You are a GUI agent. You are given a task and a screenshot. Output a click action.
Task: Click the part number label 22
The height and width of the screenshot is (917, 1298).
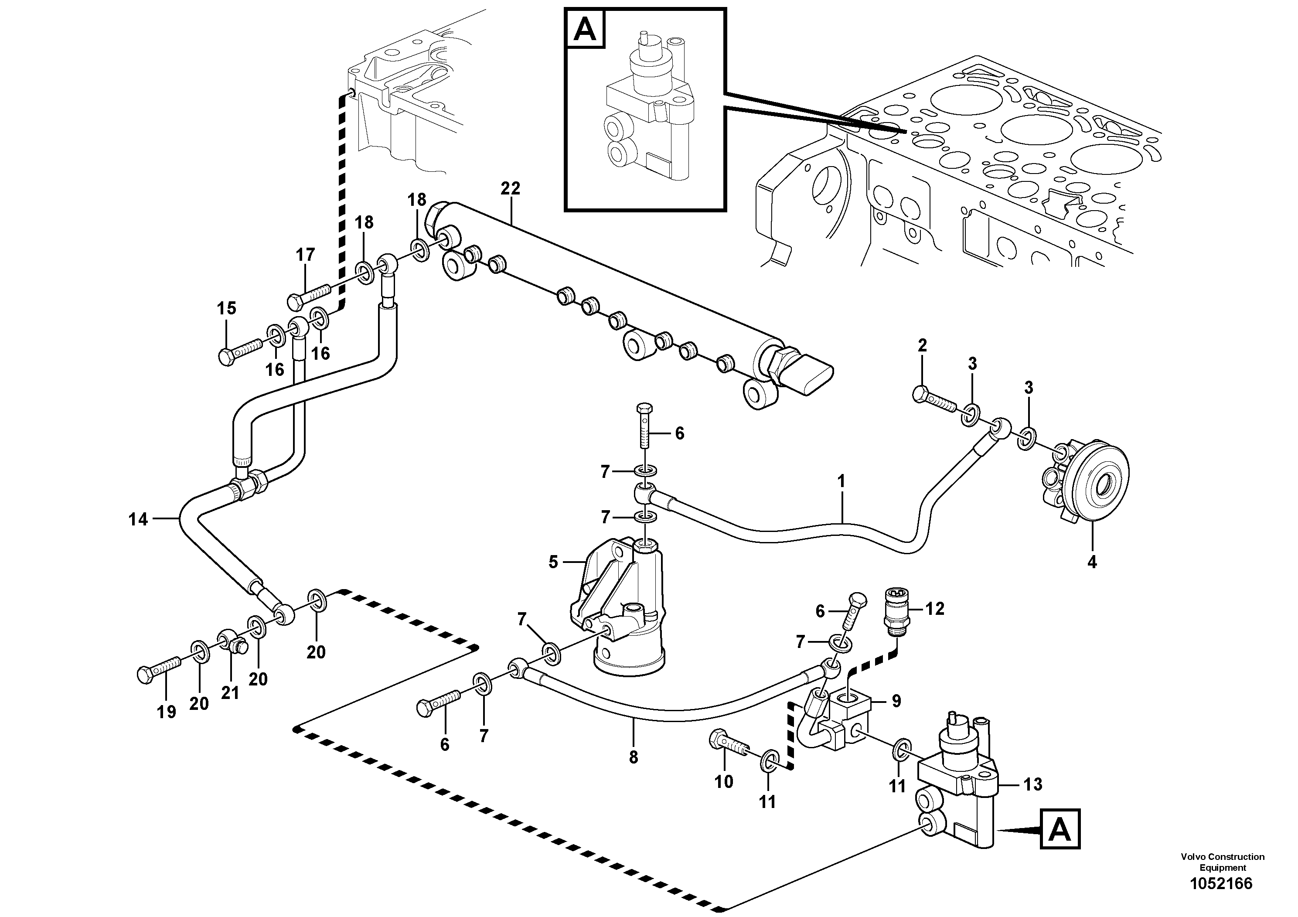point(510,188)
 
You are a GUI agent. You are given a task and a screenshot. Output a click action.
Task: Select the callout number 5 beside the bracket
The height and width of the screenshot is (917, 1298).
point(553,562)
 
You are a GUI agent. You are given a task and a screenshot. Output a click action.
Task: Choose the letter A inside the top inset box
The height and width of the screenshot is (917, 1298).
point(585,29)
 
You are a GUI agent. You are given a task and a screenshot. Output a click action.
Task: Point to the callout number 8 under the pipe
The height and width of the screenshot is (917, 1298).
point(633,757)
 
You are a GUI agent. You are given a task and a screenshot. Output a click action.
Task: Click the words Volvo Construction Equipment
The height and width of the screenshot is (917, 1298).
point(1222,862)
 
